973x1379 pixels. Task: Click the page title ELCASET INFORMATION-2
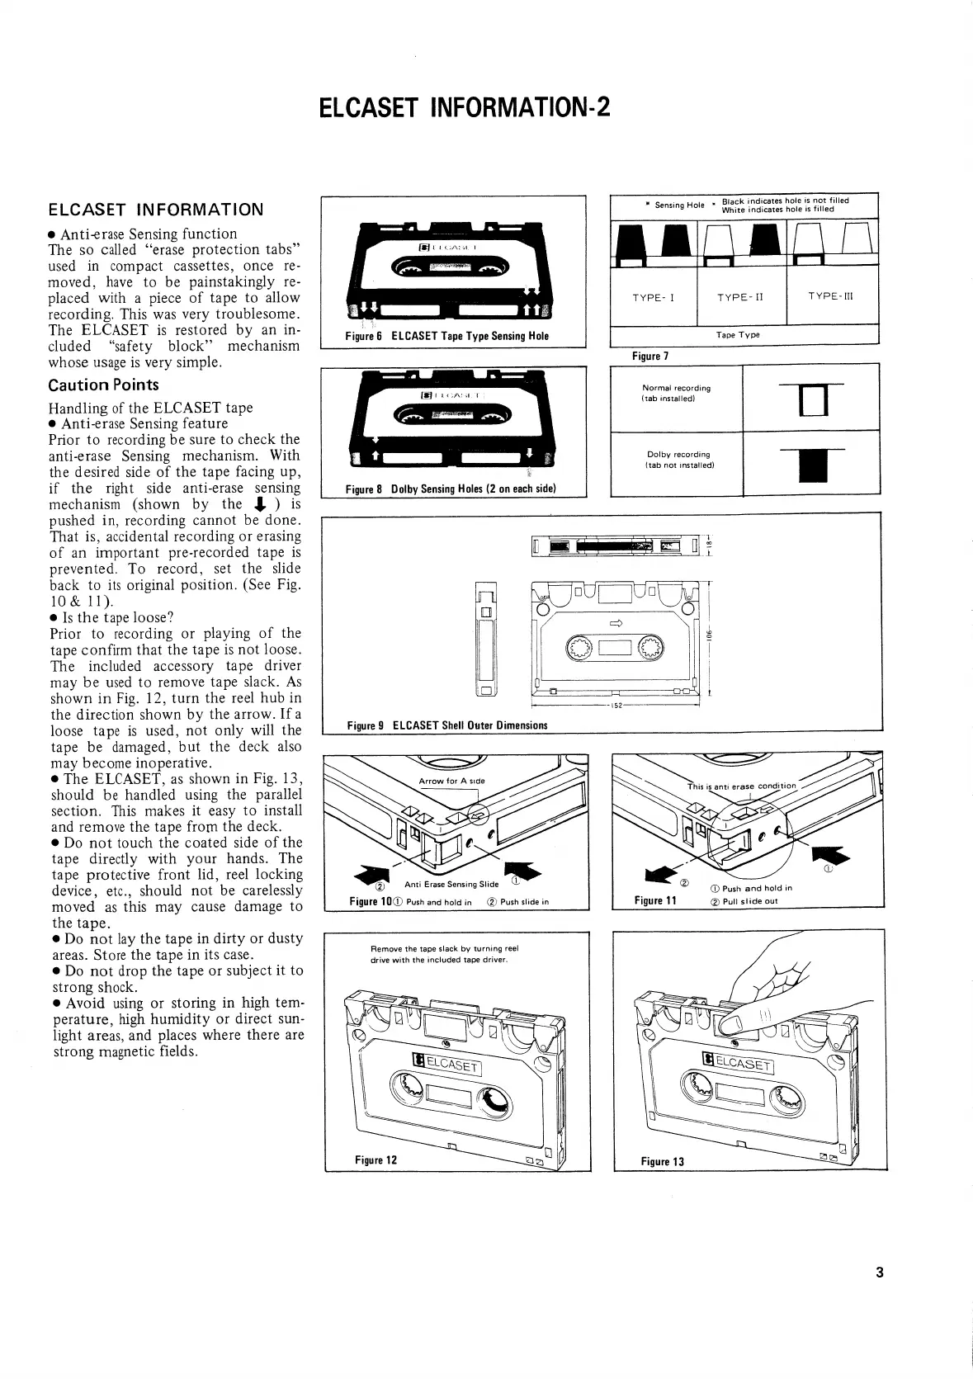point(465,108)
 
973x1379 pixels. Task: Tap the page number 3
point(879,1272)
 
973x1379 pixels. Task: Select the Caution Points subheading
point(103,385)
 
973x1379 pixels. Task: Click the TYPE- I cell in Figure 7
point(653,297)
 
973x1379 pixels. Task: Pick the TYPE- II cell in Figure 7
point(741,297)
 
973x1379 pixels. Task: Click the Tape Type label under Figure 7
point(737,335)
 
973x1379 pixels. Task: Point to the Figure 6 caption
point(446,336)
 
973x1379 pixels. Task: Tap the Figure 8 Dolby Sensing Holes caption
point(450,489)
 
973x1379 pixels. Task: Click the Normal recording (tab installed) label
point(676,393)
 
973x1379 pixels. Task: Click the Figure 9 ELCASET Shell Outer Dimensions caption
point(446,725)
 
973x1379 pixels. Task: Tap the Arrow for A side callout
point(451,781)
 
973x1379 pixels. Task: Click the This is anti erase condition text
point(742,786)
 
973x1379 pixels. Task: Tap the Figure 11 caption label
point(655,900)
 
